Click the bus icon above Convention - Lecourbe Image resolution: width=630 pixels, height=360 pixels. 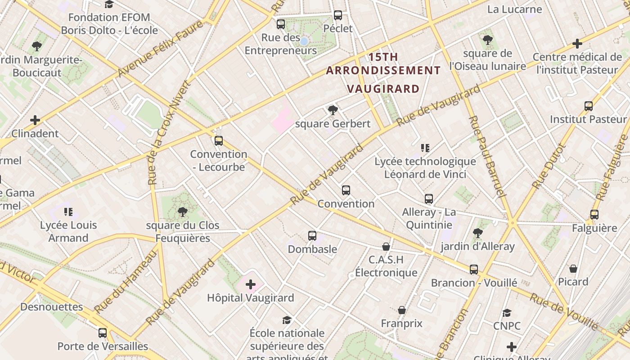point(219,141)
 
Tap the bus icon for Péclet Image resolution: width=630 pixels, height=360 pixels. point(338,15)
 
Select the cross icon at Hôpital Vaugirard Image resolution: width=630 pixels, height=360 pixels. point(251,284)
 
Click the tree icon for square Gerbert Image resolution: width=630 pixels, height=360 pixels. point(333,110)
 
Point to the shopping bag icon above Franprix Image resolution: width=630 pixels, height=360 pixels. point(402,310)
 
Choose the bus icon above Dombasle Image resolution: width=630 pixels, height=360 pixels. point(312,236)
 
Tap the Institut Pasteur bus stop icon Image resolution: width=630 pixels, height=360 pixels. point(589,106)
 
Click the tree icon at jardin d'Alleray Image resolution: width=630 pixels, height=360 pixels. point(478,233)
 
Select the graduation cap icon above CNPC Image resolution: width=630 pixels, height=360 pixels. point(507,313)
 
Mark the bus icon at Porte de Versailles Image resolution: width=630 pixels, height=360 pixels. point(103,333)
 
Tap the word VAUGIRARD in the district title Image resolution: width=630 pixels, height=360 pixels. point(384,89)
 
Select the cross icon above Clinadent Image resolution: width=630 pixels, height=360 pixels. point(35,120)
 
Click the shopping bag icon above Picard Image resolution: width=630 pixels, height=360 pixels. point(573,269)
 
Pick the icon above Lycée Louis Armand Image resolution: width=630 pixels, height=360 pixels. point(68,211)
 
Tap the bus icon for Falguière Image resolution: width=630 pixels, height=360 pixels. point(594,215)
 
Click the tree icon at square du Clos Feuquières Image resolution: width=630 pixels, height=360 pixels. point(183,212)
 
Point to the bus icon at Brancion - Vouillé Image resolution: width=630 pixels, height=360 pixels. point(474,270)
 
